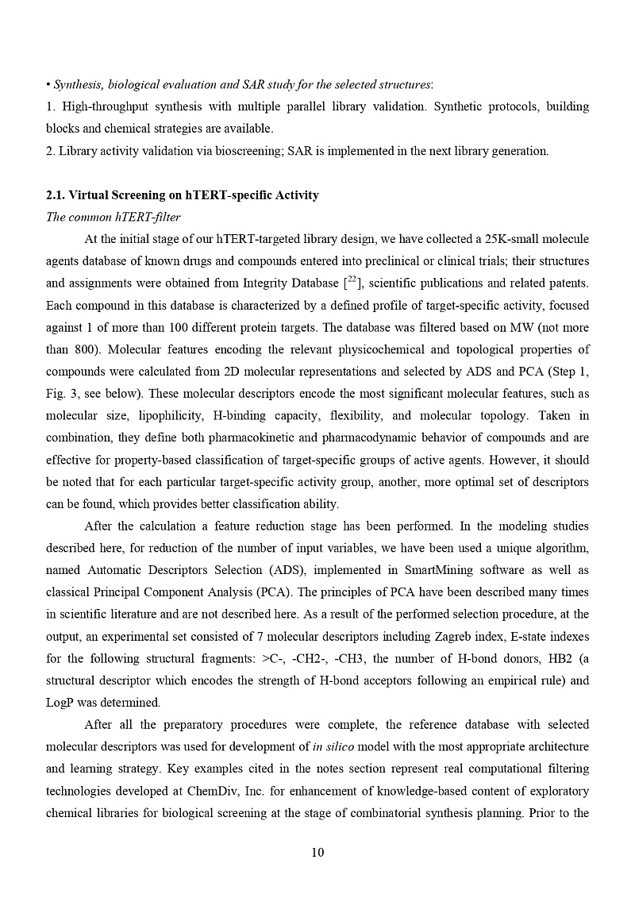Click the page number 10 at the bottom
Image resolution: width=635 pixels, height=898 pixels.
[317, 853]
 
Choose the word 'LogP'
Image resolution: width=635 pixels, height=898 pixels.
[62, 703]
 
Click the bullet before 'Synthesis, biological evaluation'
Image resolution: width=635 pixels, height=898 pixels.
[48, 85]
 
